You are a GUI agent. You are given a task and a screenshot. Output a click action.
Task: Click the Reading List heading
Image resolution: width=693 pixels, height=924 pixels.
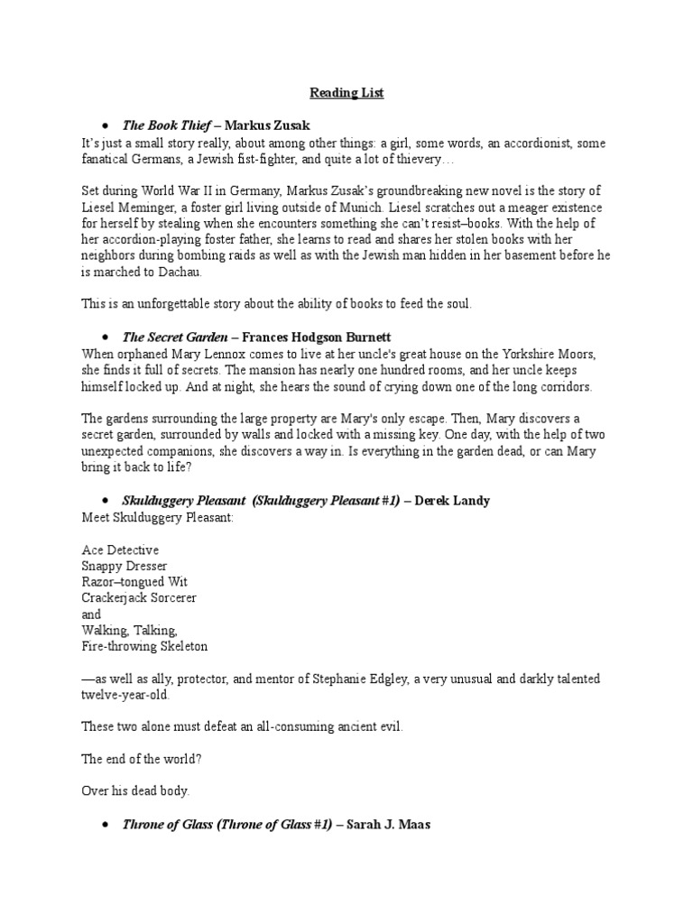(346, 93)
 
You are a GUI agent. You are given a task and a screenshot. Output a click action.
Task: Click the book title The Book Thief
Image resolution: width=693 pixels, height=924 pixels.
(166, 125)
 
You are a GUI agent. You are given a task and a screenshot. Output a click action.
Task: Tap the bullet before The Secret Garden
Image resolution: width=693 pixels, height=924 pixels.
(106, 337)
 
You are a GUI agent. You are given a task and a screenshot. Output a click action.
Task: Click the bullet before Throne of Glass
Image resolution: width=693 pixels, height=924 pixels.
(106, 825)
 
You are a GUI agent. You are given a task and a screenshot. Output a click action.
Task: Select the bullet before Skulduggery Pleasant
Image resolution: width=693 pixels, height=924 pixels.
(106, 500)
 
